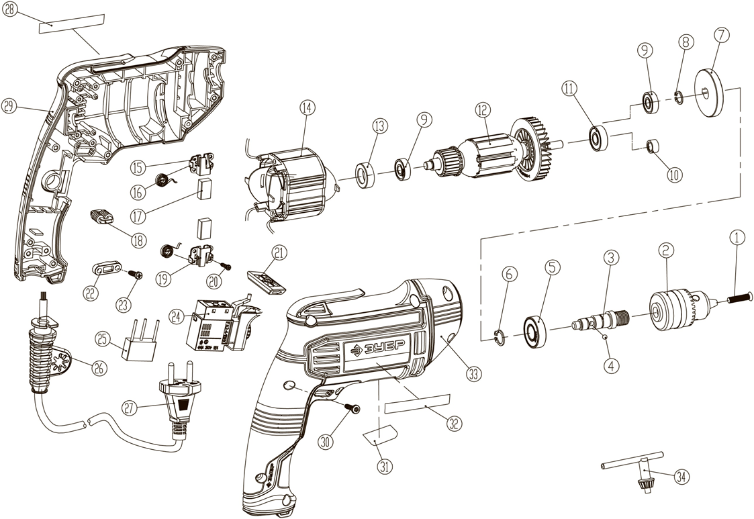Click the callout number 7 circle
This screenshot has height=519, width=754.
(x=721, y=36)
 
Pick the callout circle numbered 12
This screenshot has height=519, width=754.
(x=482, y=110)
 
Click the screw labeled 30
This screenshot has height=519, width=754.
(x=352, y=408)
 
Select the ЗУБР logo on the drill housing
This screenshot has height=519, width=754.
(x=377, y=348)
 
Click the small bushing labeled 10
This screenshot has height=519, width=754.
(x=653, y=146)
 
